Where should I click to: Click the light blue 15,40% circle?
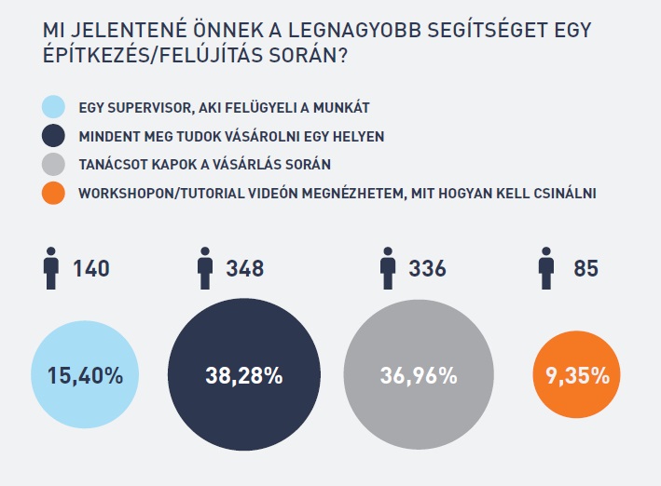[84, 376]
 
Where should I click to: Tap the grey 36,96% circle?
[419, 376]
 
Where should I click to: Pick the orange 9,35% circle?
[571, 376]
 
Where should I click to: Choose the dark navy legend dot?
[54, 136]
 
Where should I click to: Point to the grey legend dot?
[54, 165]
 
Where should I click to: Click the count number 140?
[91, 270]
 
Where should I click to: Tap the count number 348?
[245, 270]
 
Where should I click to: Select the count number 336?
[427, 270]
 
